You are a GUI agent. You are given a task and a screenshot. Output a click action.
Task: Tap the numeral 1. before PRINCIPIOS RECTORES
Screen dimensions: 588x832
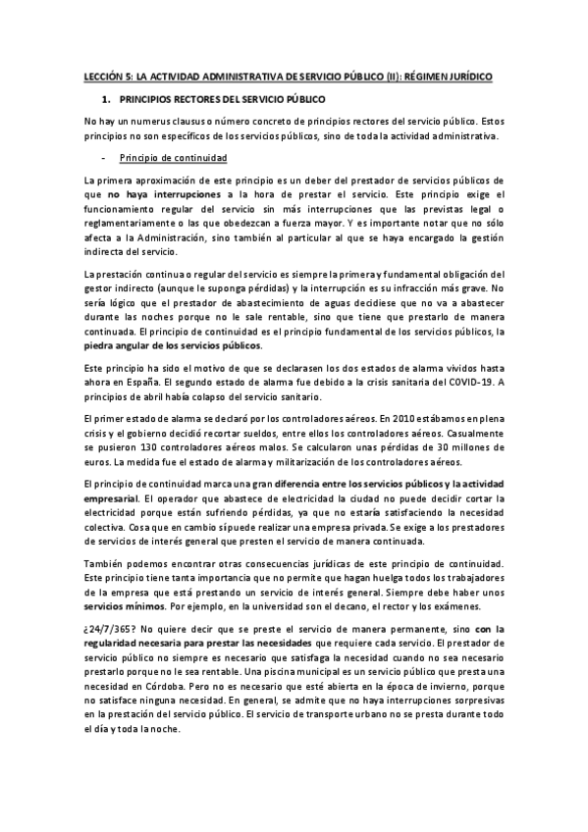click(106, 99)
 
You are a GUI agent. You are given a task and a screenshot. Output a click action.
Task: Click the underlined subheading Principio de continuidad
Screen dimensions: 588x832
click(172, 157)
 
